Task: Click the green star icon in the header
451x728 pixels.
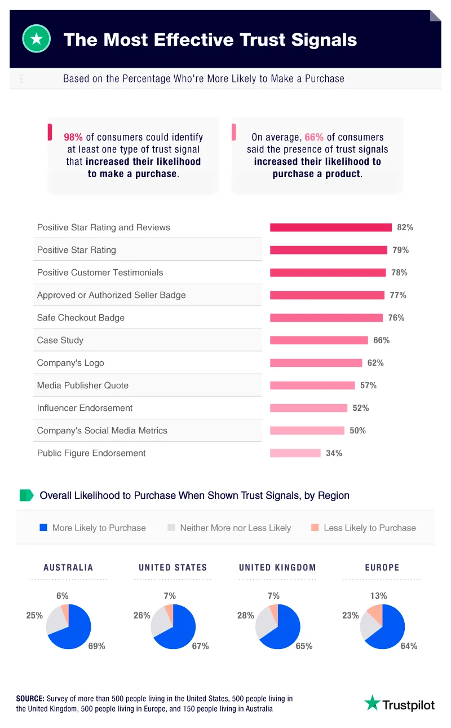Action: tap(36, 39)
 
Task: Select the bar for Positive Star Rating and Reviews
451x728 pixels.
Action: tap(330, 227)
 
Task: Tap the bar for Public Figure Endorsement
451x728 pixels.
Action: tap(295, 453)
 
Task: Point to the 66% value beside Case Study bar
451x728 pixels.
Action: tap(381, 340)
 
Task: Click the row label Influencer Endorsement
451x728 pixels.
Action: tap(85, 408)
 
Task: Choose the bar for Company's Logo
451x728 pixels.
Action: tap(316, 363)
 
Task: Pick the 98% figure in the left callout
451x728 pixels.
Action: tap(73, 137)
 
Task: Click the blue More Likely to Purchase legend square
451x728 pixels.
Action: tap(43, 528)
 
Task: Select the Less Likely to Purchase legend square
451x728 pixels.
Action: tap(315, 528)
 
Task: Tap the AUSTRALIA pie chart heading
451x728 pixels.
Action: tap(68, 568)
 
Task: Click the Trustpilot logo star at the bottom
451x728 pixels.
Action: tap(372, 703)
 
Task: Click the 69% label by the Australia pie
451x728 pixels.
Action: tap(96, 646)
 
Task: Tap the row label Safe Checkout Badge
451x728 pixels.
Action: tap(81, 318)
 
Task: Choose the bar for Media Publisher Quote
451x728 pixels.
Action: tap(312, 385)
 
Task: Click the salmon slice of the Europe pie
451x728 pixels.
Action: tap(375, 613)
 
